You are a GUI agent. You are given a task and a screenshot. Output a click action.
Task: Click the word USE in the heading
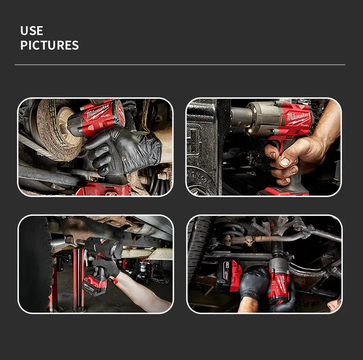tap(32, 31)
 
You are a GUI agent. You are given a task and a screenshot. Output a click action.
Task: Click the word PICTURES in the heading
tap(50, 45)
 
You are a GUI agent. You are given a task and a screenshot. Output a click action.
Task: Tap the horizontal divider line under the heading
tap(180, 65)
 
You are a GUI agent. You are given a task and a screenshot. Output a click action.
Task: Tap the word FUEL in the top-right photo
tap(305, 125)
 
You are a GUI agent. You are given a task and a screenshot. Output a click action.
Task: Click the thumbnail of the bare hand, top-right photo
tap(285, 162)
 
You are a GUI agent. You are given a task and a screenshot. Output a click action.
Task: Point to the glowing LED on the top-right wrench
tap(250, 131)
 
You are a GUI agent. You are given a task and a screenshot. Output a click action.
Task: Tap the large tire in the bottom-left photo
tap(35, 264)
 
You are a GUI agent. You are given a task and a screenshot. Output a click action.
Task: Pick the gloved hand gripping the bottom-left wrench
tap(106, 268)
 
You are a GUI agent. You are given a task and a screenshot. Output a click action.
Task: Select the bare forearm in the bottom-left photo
tap(142, 291)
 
